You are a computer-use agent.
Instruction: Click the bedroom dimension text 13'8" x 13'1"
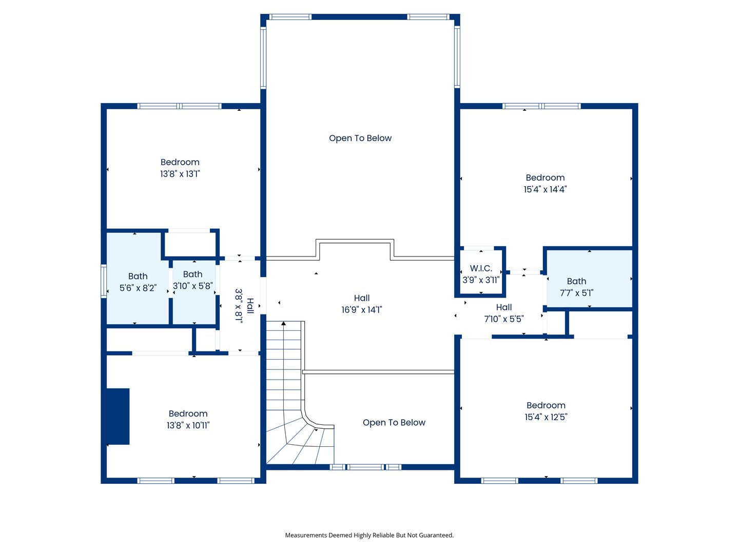click(x=180, y=174)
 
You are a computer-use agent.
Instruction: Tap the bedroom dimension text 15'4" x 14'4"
click(x=545, y=189)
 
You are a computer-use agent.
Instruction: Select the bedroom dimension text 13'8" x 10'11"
click(x=188, y=425)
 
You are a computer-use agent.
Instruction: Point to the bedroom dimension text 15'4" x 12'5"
click(x=546, y=417)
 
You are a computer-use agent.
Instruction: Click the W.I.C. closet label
click(x=481, y=268)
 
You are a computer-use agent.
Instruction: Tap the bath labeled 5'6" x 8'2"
click(x=138, y=282)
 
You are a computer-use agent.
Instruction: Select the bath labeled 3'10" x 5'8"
click(x=192, y=280)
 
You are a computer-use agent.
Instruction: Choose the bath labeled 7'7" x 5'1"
click(x=576, y=287)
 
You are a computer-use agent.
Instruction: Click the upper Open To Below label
click(x=360, y=138)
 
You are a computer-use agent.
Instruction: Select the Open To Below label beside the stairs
click(x=394, y=423)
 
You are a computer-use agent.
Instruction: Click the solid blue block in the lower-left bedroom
click(x=118, y=416)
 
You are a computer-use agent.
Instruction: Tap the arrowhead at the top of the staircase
click(x=283, y=324)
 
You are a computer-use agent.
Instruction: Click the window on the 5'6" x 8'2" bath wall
click(x=104, y=281)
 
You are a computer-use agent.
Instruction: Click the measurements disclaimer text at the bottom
click(x=369, y=535)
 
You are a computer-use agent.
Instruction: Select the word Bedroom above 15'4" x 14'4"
click(x=545, y=177)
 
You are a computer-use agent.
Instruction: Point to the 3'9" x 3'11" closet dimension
click(x=481, y=280)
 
